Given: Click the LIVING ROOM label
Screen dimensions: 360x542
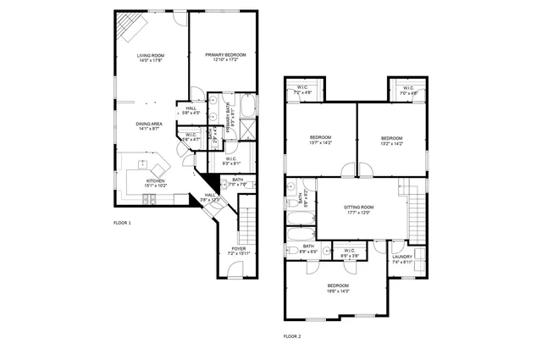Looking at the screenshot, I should (x=151, y=56).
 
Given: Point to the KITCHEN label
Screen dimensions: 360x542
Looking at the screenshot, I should (x=155, y=180).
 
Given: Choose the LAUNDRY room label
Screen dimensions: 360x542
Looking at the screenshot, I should (x=402, y=257).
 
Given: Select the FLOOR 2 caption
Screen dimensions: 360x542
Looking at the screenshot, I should (x=293, y=336).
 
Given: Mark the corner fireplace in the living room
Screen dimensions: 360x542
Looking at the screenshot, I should (x=131, y=27).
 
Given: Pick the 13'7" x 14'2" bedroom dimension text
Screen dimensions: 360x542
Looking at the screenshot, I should (x=320, y=143).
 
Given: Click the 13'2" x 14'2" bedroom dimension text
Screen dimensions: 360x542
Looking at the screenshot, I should (x=390, y=143).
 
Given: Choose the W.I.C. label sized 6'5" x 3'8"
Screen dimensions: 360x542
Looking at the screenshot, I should (x=349, y=252).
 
